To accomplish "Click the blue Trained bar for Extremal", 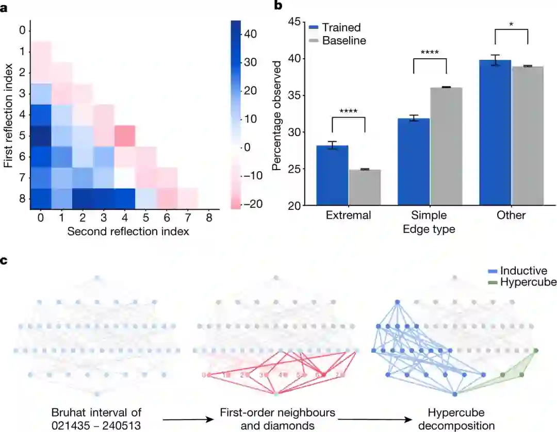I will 333,176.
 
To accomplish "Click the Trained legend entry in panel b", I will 341,27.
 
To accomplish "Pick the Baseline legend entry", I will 344,40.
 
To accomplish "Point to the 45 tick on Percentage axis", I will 294,22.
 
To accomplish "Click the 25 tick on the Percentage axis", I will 294,169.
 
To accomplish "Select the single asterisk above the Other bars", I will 511,25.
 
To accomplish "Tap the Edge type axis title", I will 429,229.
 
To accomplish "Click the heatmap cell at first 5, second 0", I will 40,136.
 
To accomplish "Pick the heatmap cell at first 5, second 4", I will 125,136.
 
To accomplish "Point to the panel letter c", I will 4,261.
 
